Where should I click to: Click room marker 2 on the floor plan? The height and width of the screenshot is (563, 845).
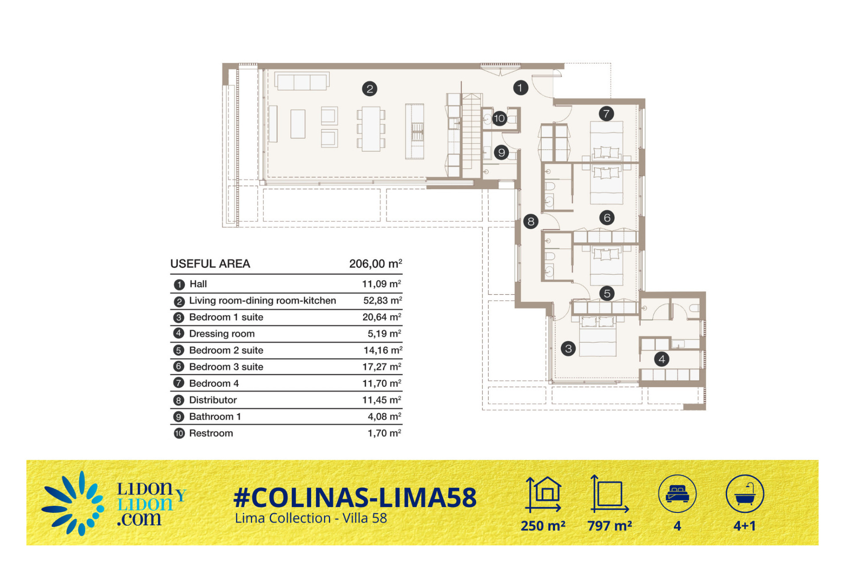(370, 89)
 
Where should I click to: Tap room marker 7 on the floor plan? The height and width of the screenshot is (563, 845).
(606, 114)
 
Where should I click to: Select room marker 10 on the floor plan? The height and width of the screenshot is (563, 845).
(499, 118)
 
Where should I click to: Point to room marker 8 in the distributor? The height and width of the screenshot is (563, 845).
(531, 221)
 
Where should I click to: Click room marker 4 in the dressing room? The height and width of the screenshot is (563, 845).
(661, 359)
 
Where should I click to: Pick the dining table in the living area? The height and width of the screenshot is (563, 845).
(371, 129)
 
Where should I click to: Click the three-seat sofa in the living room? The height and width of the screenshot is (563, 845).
(302, 81)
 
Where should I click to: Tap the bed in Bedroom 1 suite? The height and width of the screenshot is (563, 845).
(598, 336)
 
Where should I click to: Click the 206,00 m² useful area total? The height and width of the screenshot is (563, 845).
(375, 264)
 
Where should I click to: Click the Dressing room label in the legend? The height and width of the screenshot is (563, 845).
(222, 334)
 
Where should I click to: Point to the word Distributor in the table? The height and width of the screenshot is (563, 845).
(213, 400)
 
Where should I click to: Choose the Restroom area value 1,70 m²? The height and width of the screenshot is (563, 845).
(384, 433)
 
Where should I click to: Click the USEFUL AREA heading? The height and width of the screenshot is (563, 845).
(210, 264)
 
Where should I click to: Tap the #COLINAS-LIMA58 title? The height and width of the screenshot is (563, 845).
(355, 498)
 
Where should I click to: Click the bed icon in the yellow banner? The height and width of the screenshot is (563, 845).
(677, 494)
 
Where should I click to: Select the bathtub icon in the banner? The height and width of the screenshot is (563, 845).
(745, 494)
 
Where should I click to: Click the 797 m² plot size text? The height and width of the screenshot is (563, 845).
(610, 526)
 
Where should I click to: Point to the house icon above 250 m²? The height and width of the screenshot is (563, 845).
(544, 494)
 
